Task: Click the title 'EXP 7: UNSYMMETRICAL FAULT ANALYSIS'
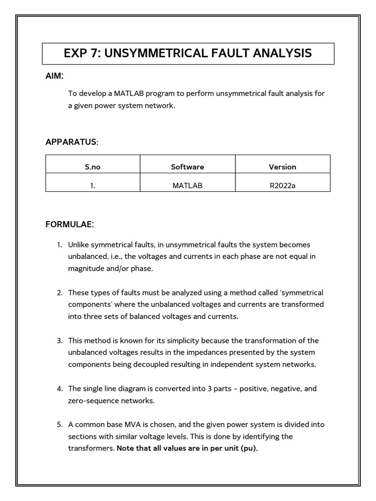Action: click(188, 53)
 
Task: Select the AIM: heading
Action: click(54, 76)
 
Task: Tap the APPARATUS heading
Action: click(71, 142)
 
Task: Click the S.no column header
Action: click(93, 167)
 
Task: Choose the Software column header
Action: click(188, 167)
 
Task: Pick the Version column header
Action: click(282, 167)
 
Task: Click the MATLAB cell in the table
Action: click(188, 185)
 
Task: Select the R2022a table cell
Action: click(282, 185)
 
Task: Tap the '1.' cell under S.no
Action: click(93, 185)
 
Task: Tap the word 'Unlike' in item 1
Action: click(79, 245)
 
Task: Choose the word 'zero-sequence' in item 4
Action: click(92, 400)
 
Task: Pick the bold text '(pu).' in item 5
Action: click(248, 448)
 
